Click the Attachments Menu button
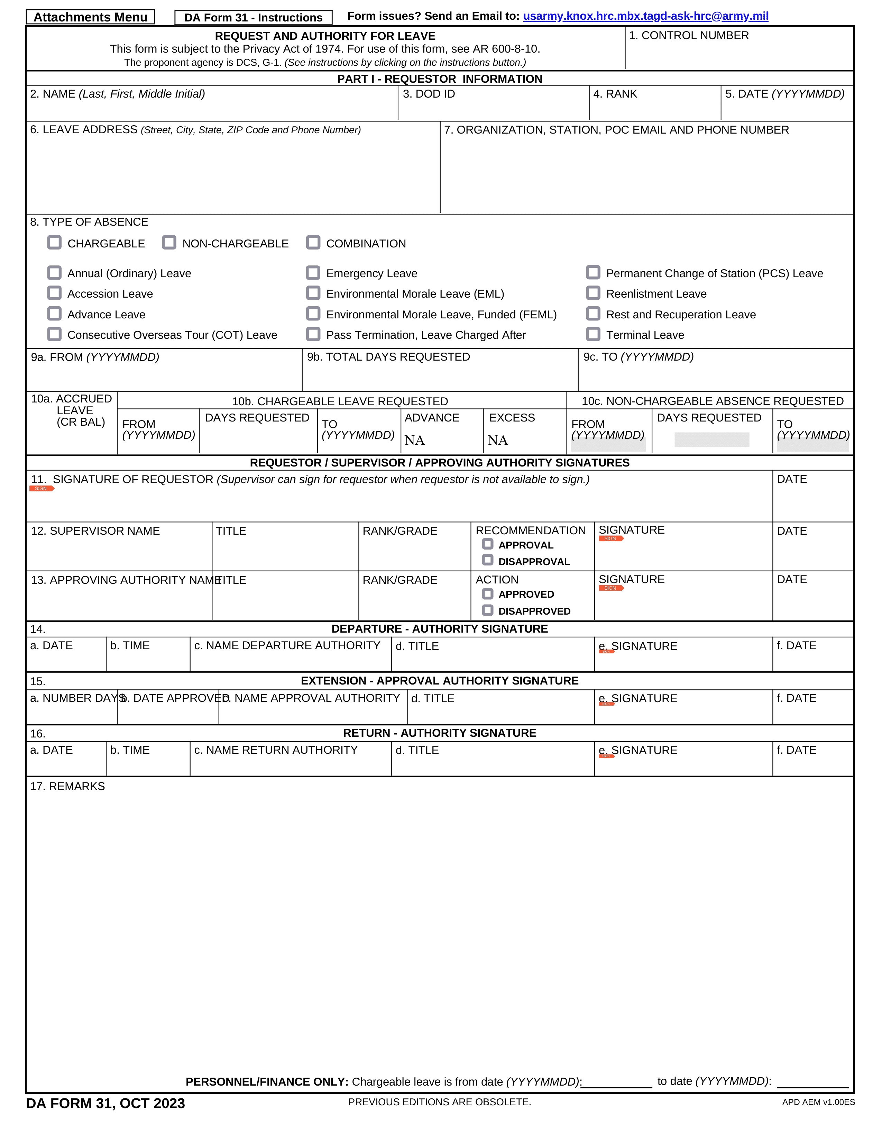(90, 17)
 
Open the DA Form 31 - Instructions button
(254, 18)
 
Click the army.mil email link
(645, 16)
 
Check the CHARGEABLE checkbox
(54, 243)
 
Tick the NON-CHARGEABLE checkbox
(169, 243)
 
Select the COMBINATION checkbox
(313, 243)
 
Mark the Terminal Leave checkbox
(593, 334)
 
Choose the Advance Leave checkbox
(54, 314)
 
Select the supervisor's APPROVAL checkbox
(487, 544)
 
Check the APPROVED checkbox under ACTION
(487, 594)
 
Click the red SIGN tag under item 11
(41, 488)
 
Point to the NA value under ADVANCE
(414, 440)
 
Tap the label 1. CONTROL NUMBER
(689, 36)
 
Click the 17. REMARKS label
(67, 787)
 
